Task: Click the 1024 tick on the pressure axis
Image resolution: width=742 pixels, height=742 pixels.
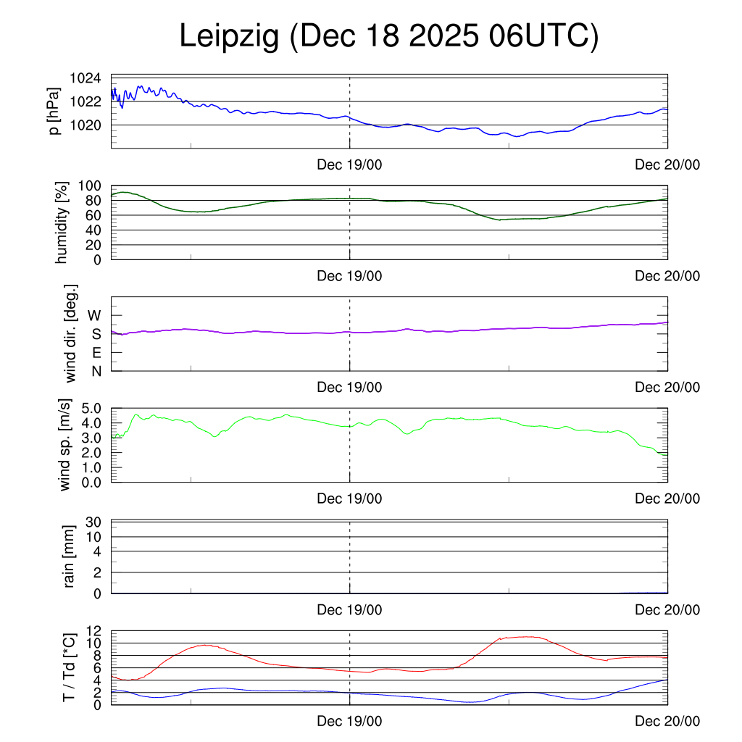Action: (85, 78)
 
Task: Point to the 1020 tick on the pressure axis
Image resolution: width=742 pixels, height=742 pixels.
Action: (85, 125)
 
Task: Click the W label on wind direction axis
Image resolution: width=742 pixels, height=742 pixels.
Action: (94, 316)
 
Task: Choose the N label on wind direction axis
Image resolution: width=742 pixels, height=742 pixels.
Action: (96, 371)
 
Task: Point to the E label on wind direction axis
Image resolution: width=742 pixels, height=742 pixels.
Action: (96, 353)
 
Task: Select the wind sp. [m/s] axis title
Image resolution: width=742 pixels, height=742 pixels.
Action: (66, 445)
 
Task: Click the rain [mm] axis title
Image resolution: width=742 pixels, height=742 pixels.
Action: (70, 556)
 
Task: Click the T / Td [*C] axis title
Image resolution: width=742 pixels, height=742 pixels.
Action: (70, 667)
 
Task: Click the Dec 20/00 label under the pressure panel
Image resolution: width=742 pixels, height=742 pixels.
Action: (667, 165)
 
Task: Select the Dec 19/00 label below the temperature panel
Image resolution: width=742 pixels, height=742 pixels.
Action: (349, 721)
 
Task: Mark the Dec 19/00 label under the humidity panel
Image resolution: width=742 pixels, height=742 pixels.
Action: (349, 276)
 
